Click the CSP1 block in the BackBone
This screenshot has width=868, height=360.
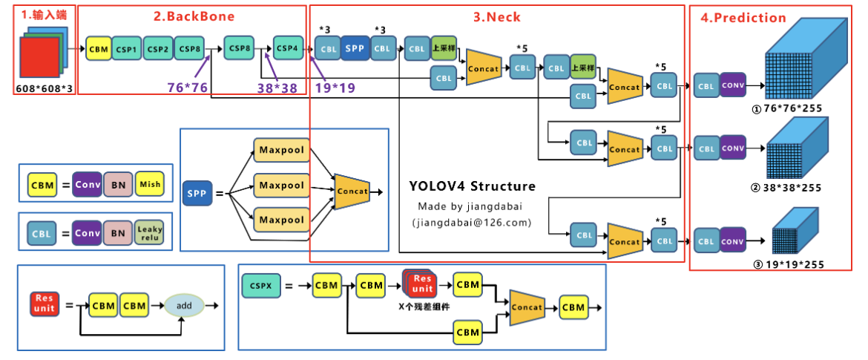126,49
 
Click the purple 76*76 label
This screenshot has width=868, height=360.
186,87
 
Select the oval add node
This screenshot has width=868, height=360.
184,305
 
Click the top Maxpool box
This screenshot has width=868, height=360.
281,151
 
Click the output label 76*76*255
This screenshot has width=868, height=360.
792,108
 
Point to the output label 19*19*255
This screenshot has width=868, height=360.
792,264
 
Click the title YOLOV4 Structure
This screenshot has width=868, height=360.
472,186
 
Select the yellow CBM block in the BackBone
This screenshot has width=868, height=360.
99,49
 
